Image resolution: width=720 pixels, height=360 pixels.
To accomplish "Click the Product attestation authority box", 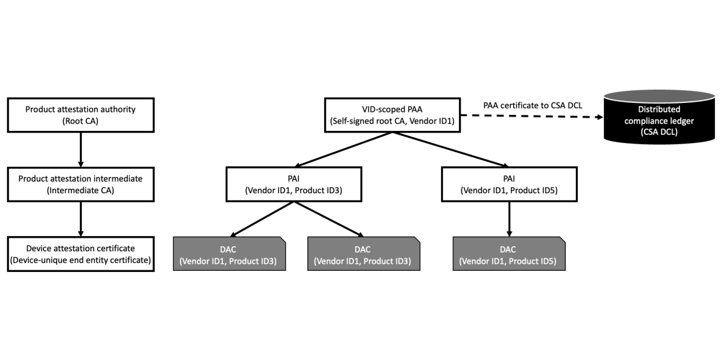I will [81, 114].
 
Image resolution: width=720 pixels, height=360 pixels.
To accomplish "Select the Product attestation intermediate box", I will [81, 184].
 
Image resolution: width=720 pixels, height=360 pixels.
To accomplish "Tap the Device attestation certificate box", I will [81, 254].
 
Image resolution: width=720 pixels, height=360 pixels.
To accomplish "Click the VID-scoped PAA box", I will [392, 114].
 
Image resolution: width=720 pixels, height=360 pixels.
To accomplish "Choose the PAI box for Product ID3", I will [294, 184].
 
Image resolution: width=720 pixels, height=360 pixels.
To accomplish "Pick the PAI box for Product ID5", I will [509, 184].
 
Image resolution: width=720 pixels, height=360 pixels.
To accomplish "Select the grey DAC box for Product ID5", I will [509, 254].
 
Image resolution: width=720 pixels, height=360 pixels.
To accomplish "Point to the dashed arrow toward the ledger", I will [531, 117].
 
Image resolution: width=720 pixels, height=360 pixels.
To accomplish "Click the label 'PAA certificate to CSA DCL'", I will [532, 105].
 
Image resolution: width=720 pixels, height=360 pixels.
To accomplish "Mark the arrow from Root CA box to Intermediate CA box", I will [81, 148].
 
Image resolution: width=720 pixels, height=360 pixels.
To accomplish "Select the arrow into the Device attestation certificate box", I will [81, 218].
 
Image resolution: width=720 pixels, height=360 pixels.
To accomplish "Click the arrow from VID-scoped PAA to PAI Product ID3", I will [343, 150].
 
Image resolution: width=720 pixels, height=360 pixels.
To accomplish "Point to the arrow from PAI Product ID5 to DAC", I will [509, 218].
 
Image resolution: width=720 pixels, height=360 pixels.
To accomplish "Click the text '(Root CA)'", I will [81, 121].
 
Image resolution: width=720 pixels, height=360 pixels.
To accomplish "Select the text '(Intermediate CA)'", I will [81, 190].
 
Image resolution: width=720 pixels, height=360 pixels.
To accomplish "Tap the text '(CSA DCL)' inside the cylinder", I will [659, 130].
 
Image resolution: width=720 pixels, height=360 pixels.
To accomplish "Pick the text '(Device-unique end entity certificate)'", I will [81, 261].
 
